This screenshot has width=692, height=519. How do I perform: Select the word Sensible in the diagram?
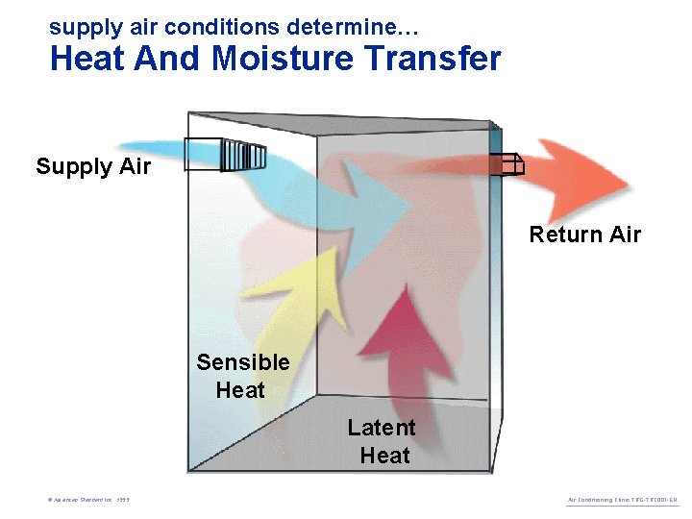(x=242, y=362)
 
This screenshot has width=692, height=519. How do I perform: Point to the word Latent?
(x=382, y=428)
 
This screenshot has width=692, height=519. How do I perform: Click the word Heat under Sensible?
(x=240, y=390)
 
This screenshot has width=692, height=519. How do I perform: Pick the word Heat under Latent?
(x=384, y=456)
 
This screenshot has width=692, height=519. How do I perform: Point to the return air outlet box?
(x=506, y=165)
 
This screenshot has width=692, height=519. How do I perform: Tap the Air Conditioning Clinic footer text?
(x=623, y=500)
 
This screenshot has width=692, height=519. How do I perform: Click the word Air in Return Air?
(x=623, y=235)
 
